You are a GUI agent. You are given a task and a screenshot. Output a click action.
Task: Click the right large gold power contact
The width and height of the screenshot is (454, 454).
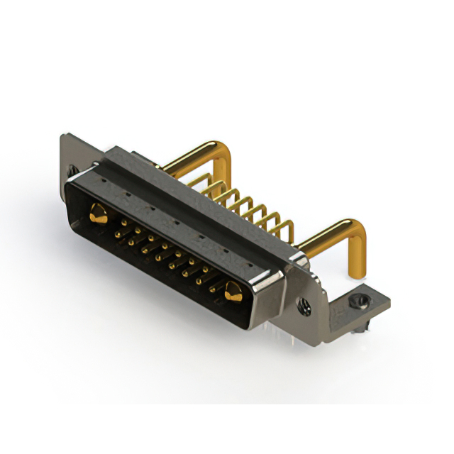(232, 290)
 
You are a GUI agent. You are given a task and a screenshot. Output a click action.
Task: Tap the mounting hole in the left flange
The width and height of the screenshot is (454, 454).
(72, 171)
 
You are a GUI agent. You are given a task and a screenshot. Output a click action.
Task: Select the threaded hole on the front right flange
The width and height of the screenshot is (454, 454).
(306, 309)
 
